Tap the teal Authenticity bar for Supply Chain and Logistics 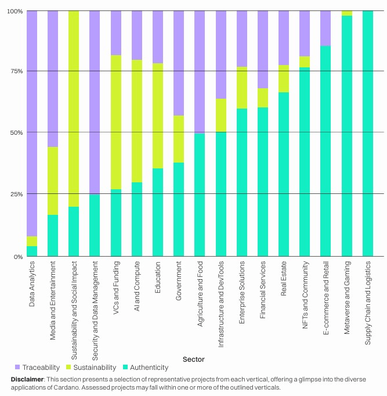[368, 134]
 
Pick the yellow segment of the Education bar [157, 116]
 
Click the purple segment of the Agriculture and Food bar [200, 72]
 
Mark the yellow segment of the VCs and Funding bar [115, 122]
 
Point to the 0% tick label [18, 257]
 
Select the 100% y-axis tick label [15, 12]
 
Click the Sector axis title [193, 359]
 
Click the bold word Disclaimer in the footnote [27, 379]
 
